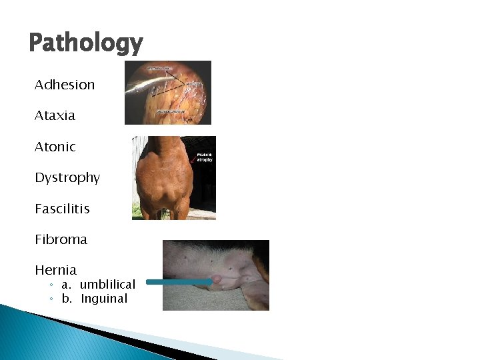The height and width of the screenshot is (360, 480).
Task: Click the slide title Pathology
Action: [x=85, y=44]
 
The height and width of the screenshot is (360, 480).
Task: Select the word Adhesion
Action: [x=65, y=85]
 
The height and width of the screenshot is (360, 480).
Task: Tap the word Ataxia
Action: [x=55, y=115]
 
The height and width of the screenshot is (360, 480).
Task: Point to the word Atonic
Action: [x=55, y=147]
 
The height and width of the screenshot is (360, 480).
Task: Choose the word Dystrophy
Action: [x=67, y=178]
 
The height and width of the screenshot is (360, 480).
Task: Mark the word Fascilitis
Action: [x=62, y=209]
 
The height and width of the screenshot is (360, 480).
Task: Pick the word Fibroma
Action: [x=61, y=239]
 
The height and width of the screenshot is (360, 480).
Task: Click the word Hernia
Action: [x=55, y=270]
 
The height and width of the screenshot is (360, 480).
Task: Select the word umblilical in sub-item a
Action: [x=107, y=285]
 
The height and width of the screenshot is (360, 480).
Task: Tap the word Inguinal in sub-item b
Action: [x=104, y=299]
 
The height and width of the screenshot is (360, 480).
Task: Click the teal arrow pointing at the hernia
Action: [x=178, y=282]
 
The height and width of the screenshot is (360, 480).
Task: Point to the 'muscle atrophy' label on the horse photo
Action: [x=204, y=158]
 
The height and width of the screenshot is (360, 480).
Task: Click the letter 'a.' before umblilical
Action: [x=67, y=285]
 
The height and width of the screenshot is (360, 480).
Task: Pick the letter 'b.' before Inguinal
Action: [x=67, y=299]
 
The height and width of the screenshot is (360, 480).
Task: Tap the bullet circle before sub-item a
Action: [x=51, y=285]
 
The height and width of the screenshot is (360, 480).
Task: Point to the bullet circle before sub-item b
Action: [x=51, y=299]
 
